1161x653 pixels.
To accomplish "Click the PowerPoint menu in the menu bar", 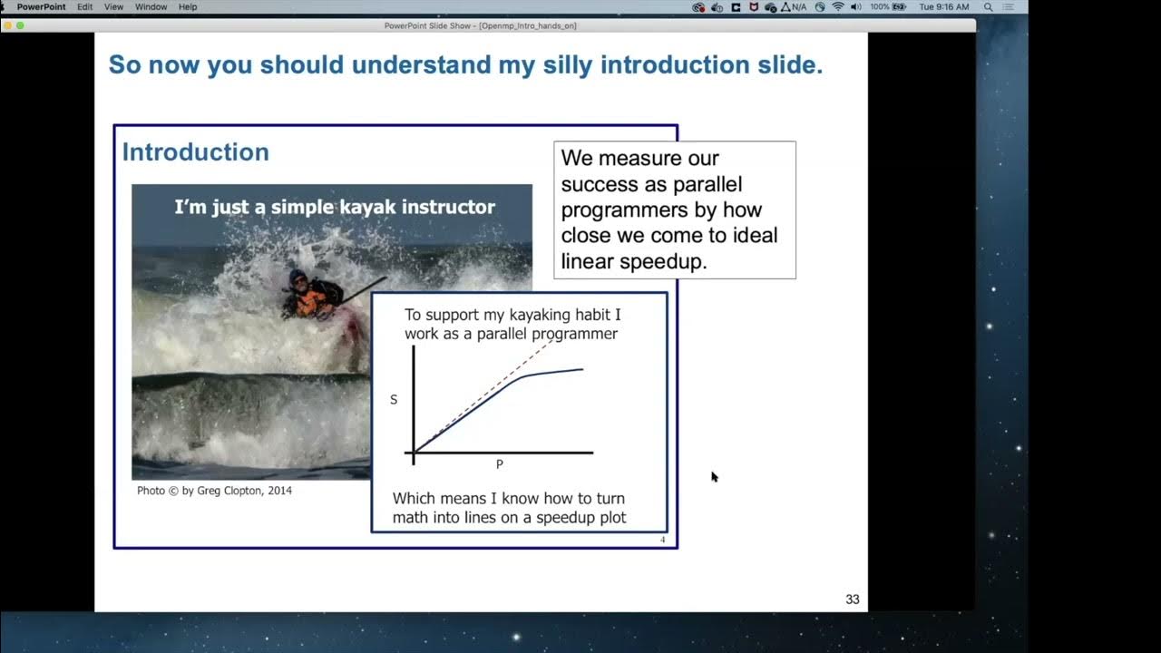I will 41,6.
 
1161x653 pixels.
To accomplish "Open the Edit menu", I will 84,6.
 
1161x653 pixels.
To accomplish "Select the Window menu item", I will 151,6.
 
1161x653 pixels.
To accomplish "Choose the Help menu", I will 188,6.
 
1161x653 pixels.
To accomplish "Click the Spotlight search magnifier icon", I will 988,6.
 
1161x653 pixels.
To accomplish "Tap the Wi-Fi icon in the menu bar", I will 837,6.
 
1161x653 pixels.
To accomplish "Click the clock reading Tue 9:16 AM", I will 943,6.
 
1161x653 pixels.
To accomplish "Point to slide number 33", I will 852,599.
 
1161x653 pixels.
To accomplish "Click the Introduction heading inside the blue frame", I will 195,152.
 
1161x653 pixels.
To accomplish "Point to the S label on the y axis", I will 394,400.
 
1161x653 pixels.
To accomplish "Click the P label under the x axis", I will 499,464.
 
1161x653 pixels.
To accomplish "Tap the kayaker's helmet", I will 298,276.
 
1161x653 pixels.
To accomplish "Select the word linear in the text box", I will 587,262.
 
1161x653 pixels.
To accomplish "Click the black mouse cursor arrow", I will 714,476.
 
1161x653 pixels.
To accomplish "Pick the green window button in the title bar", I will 20,25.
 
